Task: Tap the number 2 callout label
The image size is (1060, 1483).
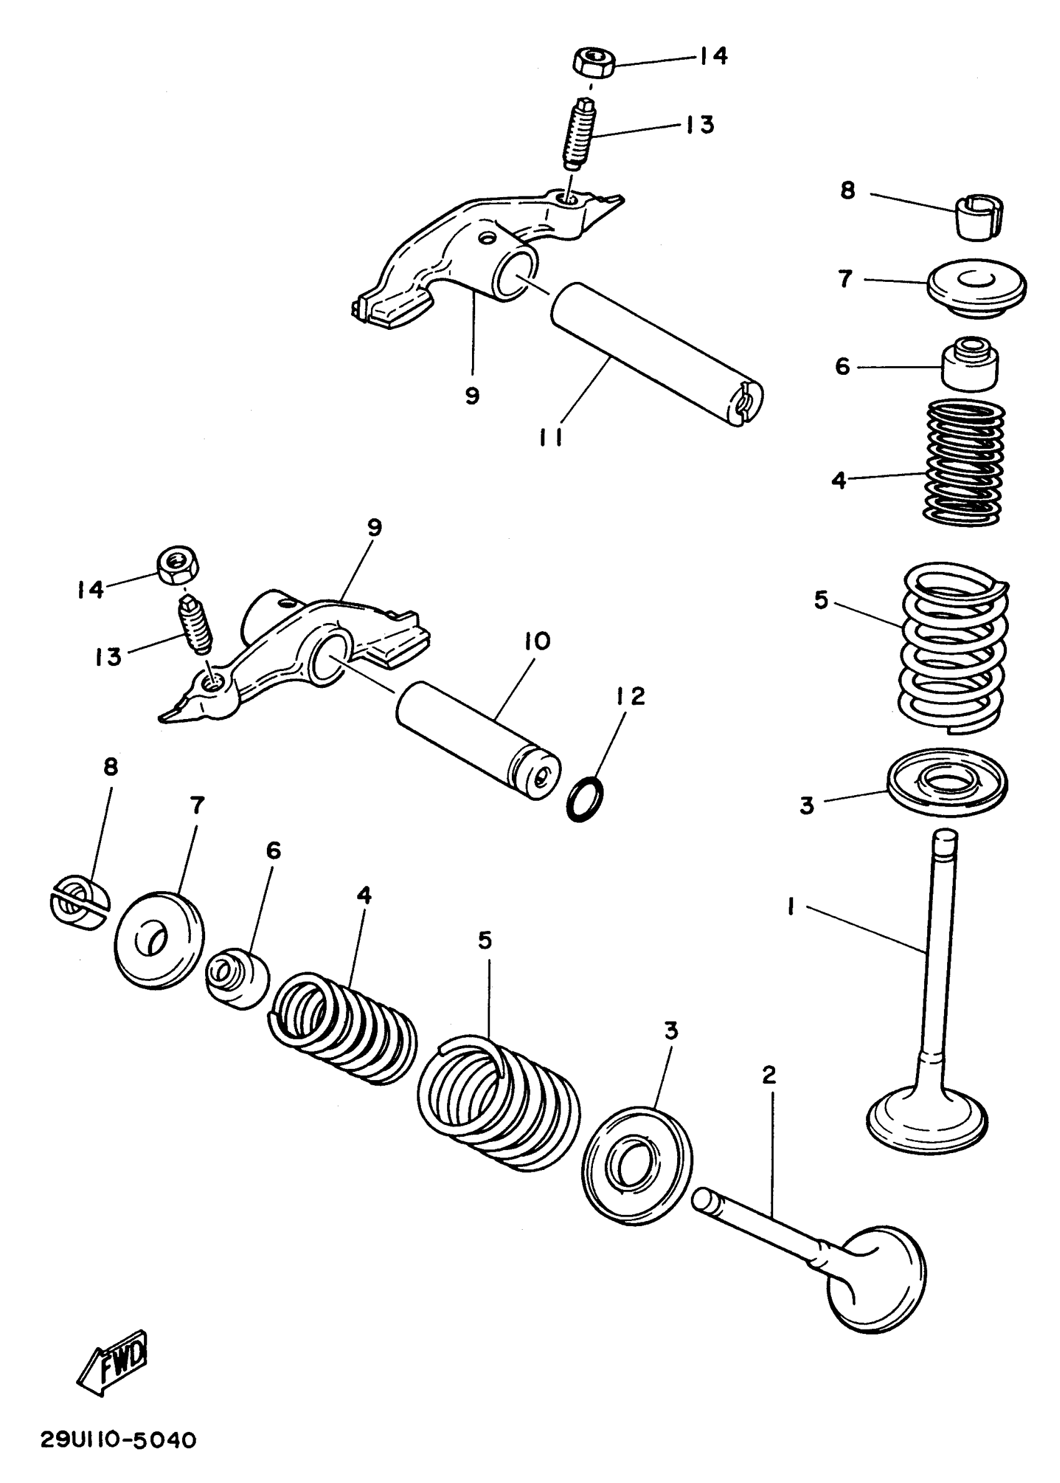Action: coord(769,1075)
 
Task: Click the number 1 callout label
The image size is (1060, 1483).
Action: coord(791,907)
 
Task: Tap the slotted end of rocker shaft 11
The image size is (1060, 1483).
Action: coord(744,403)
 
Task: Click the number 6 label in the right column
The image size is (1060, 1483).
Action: coord(842,367)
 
